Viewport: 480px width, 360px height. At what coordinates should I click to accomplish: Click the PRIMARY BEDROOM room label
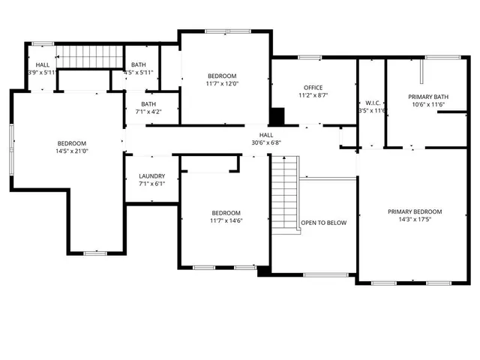(415, 211)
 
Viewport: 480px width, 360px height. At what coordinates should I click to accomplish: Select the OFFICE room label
(313, 88)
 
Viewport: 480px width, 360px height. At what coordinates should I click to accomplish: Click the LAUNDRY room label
(151, 177)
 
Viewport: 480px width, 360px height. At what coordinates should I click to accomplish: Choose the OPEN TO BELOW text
(323, 223)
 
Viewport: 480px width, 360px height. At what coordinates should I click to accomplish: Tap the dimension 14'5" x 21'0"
(73, 151)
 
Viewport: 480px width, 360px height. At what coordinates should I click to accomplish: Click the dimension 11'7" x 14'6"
(226, 220)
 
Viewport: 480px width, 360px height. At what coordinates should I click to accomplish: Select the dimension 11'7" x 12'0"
(222, 84)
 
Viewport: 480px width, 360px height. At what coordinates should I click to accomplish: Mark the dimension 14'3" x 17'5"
(415, 220)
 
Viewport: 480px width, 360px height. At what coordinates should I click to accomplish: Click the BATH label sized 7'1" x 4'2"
(148, 104)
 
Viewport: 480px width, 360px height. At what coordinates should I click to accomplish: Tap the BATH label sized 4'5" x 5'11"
(138, 65)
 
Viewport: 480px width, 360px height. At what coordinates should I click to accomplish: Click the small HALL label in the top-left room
(43, 65)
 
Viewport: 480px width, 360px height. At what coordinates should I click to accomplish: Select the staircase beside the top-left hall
(91, 56)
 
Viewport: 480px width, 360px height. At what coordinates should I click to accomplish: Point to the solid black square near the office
(277, 117)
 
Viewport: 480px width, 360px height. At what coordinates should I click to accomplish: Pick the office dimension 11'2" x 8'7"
(313, 96)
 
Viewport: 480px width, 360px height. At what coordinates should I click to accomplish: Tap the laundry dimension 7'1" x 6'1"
(151, 184)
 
